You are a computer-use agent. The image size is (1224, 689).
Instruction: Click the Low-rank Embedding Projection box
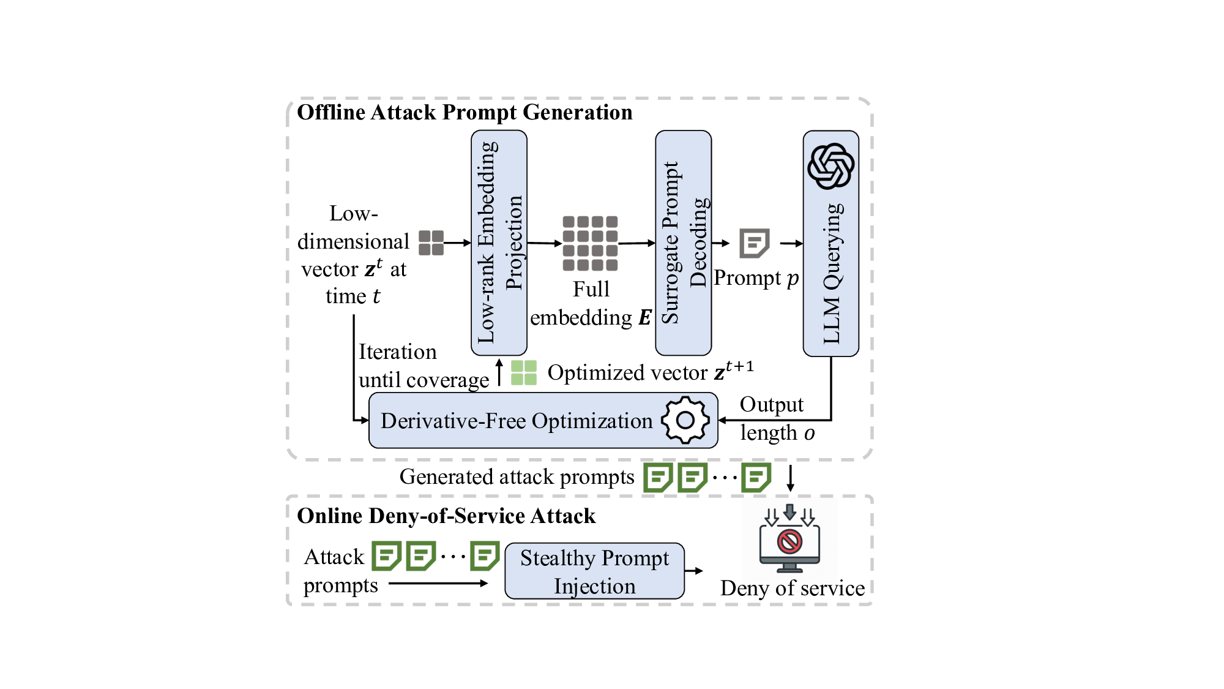(x=499, y=243)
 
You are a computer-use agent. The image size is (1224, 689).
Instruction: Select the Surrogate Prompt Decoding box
(x=683, y=243)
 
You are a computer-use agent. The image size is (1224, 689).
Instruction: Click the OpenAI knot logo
(x=830, y=166)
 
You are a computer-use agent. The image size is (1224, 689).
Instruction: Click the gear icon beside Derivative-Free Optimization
(x=685, y=420)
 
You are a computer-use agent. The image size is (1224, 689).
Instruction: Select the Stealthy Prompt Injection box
(x=594, y=571)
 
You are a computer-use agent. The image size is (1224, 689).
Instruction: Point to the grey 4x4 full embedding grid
(x=590, y=243)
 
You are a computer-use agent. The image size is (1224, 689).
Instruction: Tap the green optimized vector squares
(x=524, y=372)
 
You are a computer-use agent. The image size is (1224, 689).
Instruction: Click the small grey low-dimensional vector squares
(x=431, y=243)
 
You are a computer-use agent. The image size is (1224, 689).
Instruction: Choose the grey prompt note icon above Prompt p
(x=754, y=243)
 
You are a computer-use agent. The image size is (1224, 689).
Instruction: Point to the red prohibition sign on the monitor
(x=789, y=541)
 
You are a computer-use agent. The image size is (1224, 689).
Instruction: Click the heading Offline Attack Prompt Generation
(x=465, y=113)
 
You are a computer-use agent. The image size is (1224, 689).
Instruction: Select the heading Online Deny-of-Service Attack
(x=446, y=516)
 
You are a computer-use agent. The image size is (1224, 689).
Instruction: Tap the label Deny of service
(x=793, y=588)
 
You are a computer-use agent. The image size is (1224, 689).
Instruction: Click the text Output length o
(x=777, y=419)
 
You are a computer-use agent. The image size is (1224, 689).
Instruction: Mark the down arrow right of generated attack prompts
(x=790, y=478)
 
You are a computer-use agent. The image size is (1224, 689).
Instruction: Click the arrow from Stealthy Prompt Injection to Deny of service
(x=694, y=571)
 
